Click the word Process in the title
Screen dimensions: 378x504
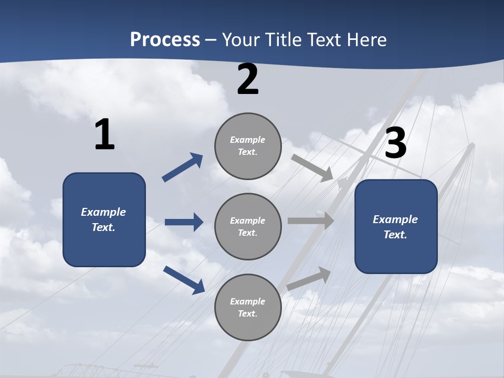pyautogui.click(x=165, y=40)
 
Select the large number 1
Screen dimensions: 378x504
pyautogui.click(x=104, y=135)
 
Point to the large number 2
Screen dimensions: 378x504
pyautogui.click(x=248, y=79)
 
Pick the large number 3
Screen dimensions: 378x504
pyautogui.click(x=395, y=143)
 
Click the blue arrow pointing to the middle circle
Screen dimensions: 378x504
pyautogui.click(x=184, y=222)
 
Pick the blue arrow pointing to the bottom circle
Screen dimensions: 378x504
pyautogui.click(x=184, y=279)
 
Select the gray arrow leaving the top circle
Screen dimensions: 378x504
pyautogui.click(x=312, y=168)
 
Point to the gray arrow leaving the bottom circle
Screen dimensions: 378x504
pyautogui.click(x=309, y=279)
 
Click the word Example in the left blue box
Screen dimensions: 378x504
pyautogui.click(x=103, y=212)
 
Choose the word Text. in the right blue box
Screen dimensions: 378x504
pyautogui.click(x=395, y=235)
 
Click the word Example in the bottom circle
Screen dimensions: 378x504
pyautogui.click(x=248, y=301)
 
